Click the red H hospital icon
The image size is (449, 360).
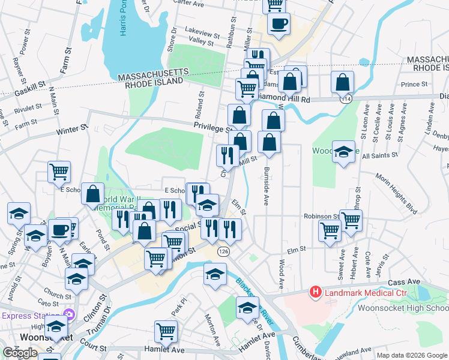click(x=315, y=292)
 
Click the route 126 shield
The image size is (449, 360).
click(x=224, y=250)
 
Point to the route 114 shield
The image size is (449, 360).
click(x=346, y=98)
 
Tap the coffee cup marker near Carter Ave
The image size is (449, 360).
click(x=279, y=25)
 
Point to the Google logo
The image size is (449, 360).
click(x=20, y=352)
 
